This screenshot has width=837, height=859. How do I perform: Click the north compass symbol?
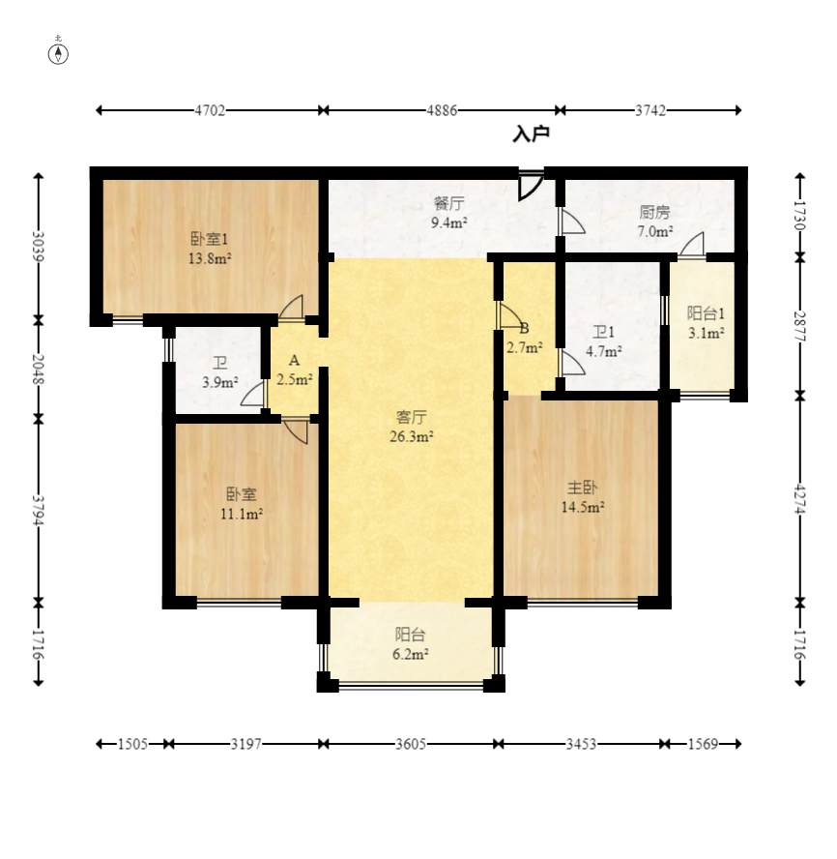59,54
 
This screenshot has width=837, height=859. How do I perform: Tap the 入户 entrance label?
531,133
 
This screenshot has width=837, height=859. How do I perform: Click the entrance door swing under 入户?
531,186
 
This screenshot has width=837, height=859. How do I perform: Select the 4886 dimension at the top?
442,110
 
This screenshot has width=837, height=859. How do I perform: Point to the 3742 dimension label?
650,110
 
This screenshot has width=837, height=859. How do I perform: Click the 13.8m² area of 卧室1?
210,258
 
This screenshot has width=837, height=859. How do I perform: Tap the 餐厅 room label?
448,203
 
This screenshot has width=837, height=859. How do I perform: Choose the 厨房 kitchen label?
654,212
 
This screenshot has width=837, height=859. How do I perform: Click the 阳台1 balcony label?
706,313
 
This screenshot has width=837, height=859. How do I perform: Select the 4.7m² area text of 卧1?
604,351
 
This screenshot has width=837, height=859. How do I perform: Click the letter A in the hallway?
294,361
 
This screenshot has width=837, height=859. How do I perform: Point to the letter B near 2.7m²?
524,329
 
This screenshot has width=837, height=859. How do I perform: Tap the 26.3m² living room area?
412,436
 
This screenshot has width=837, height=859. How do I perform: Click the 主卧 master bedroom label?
582,487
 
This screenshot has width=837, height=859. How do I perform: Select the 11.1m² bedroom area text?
242,514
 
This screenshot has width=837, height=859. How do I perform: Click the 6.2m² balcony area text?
410,654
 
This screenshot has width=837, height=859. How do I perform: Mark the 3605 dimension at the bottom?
411,744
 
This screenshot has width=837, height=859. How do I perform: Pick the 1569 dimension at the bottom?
703,744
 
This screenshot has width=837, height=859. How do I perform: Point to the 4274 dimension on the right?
800,498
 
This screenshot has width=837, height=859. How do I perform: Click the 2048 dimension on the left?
39,369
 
